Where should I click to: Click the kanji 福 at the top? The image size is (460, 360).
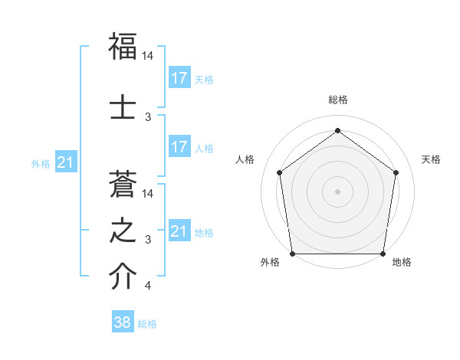pyautogui.click(x=123, y=48)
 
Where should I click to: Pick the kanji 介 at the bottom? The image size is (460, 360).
pyautogui.click(x=123, y=277)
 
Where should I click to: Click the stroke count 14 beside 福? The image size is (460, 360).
pyautogui.click(x=149, y=56)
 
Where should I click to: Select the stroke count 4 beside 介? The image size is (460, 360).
pyautogui.click(x=148, y=286)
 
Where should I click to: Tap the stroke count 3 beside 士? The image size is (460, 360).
pyautogui.click(x=148, y=117)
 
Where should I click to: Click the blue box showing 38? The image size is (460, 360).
pyautogui.click(x=123, y=322)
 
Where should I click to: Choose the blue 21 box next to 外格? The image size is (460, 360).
pyautogui.click(x=65, y=162)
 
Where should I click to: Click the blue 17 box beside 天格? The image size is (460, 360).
pyautogui.click(x=179, y=77)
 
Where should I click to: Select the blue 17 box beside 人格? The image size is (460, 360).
pyautogui.click(x=179, y=147)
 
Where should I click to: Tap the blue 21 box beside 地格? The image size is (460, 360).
pyautogui.click(x=179, y=231)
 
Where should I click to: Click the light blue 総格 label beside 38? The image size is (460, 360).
pyautogui.click(x=147, y=324)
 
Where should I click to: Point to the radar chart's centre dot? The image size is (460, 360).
pyautogui.click(x=337, y=191)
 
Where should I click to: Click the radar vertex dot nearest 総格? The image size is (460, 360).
pyautogui.click(x=337, y=130)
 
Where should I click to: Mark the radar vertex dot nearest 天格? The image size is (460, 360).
pyautogui.click(x=396, y=172)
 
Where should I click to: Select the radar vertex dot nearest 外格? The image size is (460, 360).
pyautogui.click(x=292, y=254)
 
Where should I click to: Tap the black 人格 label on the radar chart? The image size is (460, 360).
pyautogui.click(x=246, y=159)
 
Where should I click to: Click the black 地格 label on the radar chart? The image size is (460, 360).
pyautogui.click(x=402, y=262)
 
